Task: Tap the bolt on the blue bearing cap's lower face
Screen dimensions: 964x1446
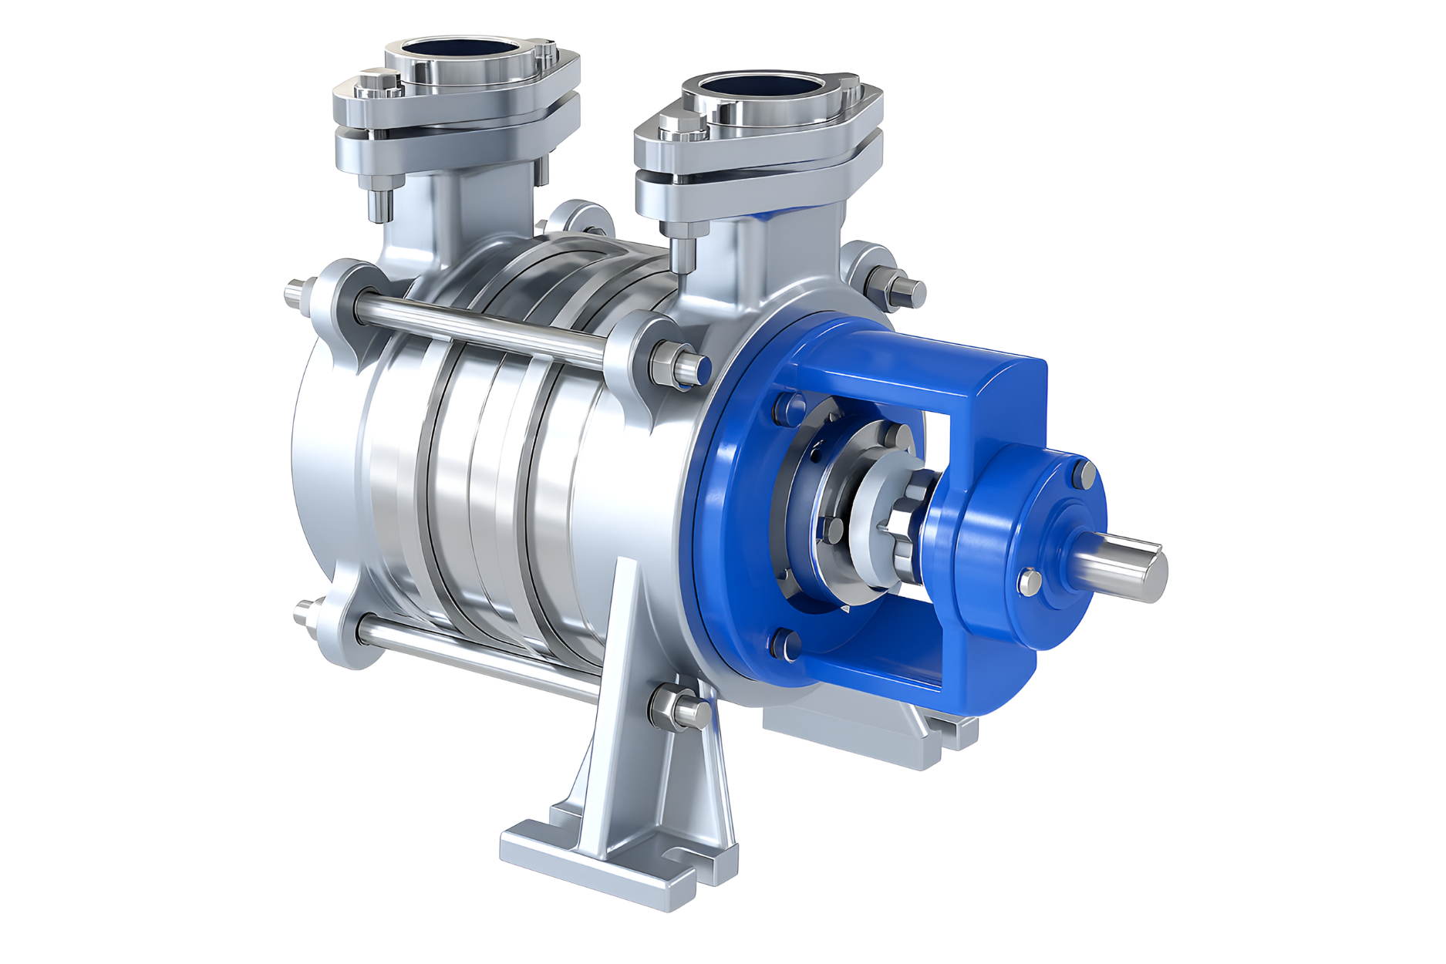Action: point(1030,582)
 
